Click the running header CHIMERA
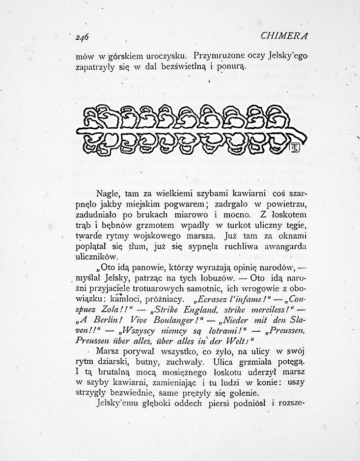(285, 36)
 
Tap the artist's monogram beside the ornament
(296, 147)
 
